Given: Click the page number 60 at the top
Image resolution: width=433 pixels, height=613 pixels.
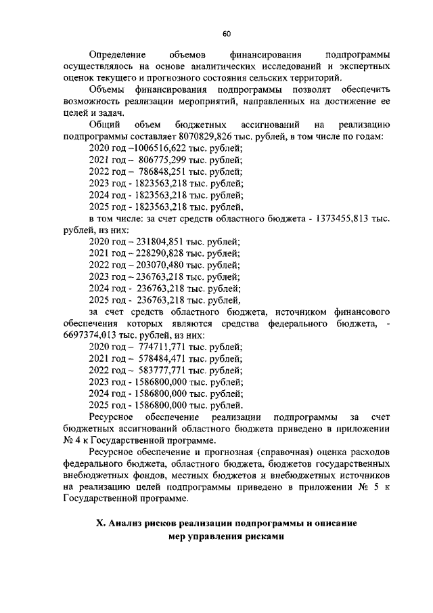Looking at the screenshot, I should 227,35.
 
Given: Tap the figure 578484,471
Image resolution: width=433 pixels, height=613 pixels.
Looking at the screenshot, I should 164,359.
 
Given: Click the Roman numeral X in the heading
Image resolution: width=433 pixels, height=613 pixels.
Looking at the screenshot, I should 93,524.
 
